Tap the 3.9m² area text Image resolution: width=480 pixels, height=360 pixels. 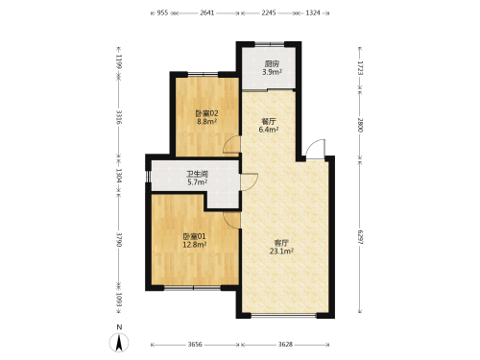(x=272, y=72)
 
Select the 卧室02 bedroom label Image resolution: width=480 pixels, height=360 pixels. (x=206, y=113)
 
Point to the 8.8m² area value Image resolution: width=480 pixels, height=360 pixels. (x=206, y=122)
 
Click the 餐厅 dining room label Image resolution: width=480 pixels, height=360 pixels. (x=269, y=122)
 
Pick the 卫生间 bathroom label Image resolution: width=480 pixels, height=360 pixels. (x=198, y=175)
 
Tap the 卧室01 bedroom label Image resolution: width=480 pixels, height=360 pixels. (x=194, y=236)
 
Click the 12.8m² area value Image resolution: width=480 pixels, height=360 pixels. (x=194, y=245)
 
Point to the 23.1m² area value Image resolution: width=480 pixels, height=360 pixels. (x=281, y=252)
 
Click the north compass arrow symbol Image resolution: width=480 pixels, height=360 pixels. (x=119, y=343)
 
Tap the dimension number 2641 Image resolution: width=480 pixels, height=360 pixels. (x=207, y=13)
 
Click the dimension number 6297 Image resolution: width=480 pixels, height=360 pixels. (x=360, y=237)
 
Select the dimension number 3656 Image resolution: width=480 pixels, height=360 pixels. (x=195, y=345)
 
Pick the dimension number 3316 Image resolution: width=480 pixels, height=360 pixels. (x=119, y=117)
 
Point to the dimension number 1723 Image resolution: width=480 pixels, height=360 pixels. (x=360, y=68)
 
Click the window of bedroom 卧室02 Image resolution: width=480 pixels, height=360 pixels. (x=203, y=74)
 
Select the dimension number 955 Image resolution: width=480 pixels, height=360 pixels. (x=162, y=13)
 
